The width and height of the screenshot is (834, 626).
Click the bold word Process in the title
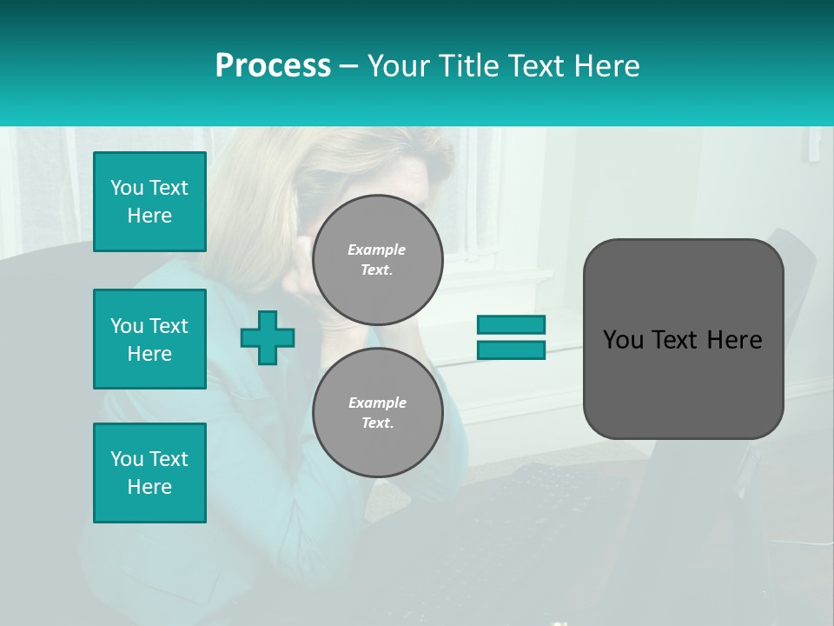273,66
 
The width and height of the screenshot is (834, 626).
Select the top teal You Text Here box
149,202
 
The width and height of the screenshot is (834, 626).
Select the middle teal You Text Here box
149,339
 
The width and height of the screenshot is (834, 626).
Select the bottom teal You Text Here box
149,473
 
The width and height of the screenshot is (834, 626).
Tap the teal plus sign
268,337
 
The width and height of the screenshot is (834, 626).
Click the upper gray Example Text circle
378,260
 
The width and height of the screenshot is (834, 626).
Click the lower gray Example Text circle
378,413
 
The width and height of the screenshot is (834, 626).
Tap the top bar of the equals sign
511,324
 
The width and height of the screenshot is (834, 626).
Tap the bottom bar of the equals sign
511,350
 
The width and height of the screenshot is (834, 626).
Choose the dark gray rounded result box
683,383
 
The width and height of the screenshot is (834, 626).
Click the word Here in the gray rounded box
734,340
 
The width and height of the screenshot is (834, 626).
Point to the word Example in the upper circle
377,250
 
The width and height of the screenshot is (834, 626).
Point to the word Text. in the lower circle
377,423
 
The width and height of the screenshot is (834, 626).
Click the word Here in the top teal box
149,216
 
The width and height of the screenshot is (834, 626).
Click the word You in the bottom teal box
127,459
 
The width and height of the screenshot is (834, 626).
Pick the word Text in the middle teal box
169,326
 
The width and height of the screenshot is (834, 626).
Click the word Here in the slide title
606,66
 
